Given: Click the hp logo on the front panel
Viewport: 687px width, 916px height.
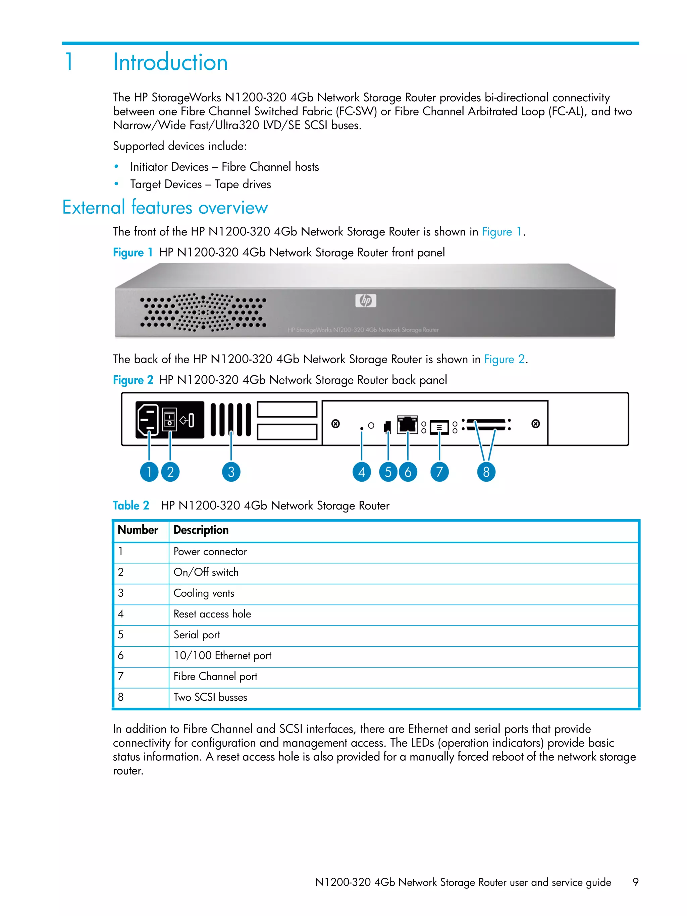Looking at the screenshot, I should (x=366, y=301).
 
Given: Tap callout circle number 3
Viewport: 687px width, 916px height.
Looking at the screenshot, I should (x=231, y=472).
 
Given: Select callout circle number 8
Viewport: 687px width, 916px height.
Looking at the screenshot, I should (x=486, y=472).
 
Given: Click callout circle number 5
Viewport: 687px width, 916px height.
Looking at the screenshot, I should (x=388, y=472).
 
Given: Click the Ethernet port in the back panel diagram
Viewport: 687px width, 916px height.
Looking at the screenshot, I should (x=407, y=424).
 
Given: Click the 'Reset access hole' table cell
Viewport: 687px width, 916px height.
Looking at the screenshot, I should (x=212, y=614).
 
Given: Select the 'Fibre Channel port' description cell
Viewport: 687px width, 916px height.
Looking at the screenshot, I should (x=215, y=677).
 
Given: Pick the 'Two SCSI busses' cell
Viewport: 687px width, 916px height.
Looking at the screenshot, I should (x=210, y=697).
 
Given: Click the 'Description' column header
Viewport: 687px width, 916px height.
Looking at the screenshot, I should (x=201, y=530).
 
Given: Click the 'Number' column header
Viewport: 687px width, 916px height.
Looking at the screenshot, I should (x=138, y=530).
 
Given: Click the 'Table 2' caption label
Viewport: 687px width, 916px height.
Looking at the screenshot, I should (x=131, y=505).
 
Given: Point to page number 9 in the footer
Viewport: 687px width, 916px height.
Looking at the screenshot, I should (x=635, y=882).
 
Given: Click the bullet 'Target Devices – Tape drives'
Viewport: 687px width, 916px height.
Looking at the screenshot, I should (x=200, y=184).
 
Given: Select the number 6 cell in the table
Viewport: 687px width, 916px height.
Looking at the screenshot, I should (x=121, y=655).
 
